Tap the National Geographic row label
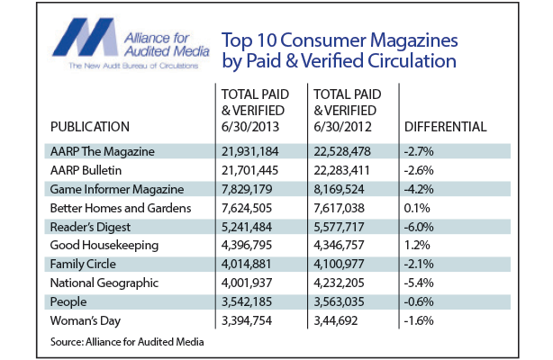99,283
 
